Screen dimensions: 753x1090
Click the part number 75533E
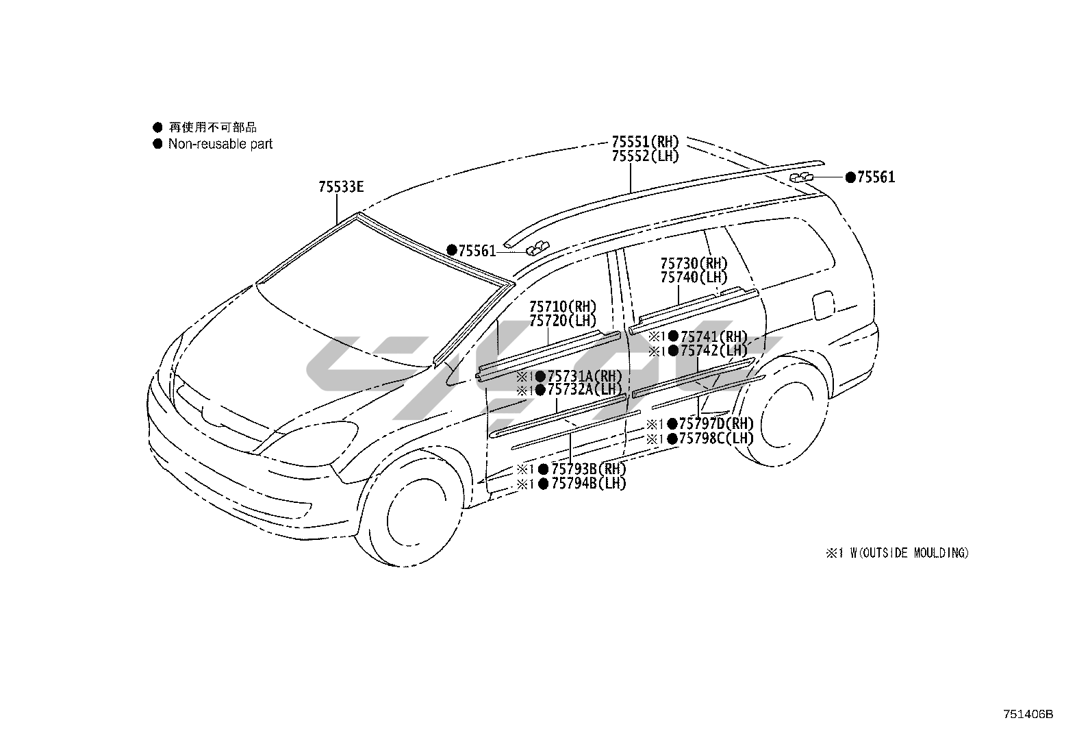[340, 187]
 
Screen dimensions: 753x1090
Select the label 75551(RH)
[644, 143]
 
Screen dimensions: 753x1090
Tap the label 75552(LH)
[644, 156]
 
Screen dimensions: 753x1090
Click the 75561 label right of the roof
[876, 178]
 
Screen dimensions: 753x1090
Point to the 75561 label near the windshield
[477, 251]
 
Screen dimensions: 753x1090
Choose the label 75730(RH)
[694, 264]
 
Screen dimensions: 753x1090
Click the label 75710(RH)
[562, 306]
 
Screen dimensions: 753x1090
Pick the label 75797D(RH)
[716, 424]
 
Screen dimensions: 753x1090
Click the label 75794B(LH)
[588, 484]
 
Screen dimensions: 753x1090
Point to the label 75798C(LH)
[716, 439]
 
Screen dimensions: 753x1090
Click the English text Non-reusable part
[220, 144]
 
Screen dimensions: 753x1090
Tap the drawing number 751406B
[1028, 714]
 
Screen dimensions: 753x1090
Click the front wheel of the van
[415, 512]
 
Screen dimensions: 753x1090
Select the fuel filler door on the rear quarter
[823, 305]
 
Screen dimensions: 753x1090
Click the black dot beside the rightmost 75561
[850, 178]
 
